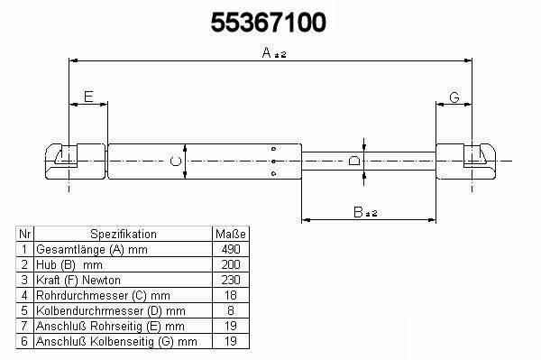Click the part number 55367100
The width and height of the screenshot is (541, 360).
pyautogui.click(x=268, y=23)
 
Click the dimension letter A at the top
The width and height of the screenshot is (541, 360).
pyautogui.click(x=266, y=53)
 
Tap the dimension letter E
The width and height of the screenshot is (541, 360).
pyautogui.click(x=88, y=97)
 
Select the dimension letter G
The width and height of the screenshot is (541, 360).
pyautogui.click(x=454, y=97)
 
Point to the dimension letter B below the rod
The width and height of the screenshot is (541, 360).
pyautogui.click(x=359, y=212)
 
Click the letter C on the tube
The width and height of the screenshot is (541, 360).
pyautogui.click(x=176, y=161)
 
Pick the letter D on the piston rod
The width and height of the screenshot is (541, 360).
pyautogui.click(x=354, y=161)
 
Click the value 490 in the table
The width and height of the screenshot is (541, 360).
pyautogui.click(x=231, y=249)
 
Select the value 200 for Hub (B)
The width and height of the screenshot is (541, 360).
pyautogui.click(x=231, y=264)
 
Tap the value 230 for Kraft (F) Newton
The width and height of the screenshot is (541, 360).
pyautogui.click(x=231, y=280)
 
